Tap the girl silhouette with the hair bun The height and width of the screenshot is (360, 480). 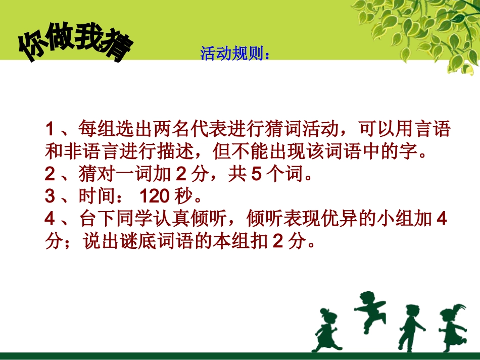click(x=326, y=331)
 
